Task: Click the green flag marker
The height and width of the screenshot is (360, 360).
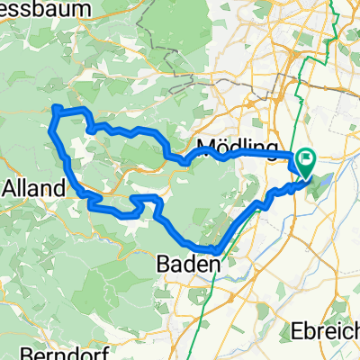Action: tap(308, 163)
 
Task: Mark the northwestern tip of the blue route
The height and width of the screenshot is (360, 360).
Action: tap(55, 109)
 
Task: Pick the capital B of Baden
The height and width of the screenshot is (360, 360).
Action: tap(164, 265)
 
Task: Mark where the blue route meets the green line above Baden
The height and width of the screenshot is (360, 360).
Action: tap(217, 251)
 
